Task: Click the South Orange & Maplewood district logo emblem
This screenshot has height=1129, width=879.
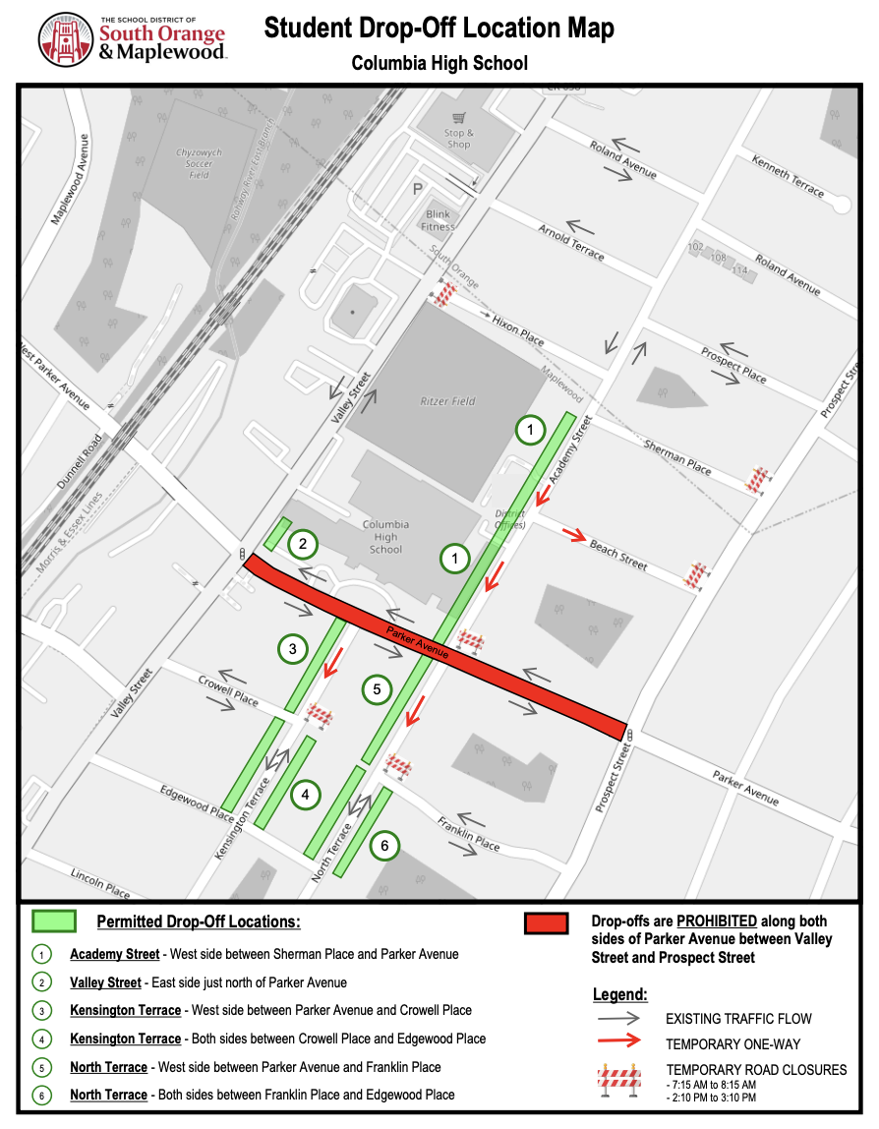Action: pos(67,40)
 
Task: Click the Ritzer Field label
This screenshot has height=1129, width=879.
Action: pos(448,401)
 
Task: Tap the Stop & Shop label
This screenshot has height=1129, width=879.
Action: pos(458,139)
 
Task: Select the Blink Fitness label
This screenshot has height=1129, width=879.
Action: pos(439,220)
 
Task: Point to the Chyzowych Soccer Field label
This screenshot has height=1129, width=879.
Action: pos(199,163)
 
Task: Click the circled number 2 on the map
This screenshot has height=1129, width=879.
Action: pos(304,543)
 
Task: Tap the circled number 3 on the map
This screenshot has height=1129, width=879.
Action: pos(293,648)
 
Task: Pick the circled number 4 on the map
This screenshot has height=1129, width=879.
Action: pos(306,795)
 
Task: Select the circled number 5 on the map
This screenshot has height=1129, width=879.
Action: pos(377,689)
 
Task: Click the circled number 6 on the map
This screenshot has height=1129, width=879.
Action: pos(384,845)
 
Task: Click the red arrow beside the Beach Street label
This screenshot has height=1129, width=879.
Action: pos(575,536)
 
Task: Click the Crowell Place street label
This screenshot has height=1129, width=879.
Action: pos(228,691)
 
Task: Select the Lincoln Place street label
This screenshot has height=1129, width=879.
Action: pos(100,882)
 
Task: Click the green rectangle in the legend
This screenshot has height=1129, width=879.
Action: pos(54,921)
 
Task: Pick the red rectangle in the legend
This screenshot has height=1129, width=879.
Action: pos(546,923)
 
